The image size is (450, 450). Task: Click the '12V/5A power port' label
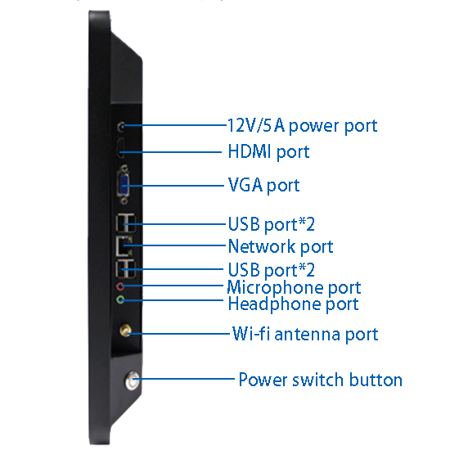click(302, 126)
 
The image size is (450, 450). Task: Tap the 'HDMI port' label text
click(268, 151)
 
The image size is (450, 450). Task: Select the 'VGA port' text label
click(263, 185)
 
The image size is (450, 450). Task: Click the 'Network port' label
click(281, 246)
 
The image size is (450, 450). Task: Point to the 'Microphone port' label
click(294, 287)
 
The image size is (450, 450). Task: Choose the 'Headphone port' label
click(293, 304)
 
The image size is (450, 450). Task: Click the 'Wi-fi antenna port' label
click(305, 334)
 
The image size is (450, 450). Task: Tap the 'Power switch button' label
click(320, 380)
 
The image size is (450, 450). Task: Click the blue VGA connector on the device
click(124, 185)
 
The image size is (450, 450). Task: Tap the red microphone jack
click(120, 286)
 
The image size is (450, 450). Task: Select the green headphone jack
click(120, 300)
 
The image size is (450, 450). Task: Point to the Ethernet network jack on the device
click(124, 246)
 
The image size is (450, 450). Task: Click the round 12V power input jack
click(122, 126)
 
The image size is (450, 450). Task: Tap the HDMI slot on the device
click(120, 148)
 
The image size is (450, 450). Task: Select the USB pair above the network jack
click(125, 223)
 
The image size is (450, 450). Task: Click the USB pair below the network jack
click(125, 268)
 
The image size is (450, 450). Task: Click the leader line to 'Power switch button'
click(184, 379)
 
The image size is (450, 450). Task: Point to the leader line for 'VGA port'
click(173, 186)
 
